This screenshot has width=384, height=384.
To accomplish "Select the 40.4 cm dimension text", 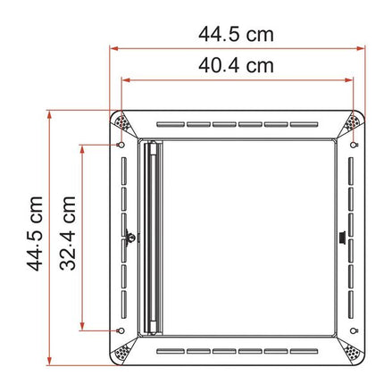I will (237, 65).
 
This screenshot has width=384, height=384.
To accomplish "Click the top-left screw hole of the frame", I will (121, 144).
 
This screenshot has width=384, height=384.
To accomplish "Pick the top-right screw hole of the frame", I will (355, 144).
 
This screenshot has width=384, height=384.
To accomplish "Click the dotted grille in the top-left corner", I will (120, 122).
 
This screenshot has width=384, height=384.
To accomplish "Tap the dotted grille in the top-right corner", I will (356, 122).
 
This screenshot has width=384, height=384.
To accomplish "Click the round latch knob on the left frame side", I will (129, 238).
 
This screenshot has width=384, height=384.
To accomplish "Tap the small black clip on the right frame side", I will (344, 238).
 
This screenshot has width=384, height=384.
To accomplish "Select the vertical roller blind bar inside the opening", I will (154, 237).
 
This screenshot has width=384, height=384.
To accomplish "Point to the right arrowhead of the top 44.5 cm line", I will (362, 49).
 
